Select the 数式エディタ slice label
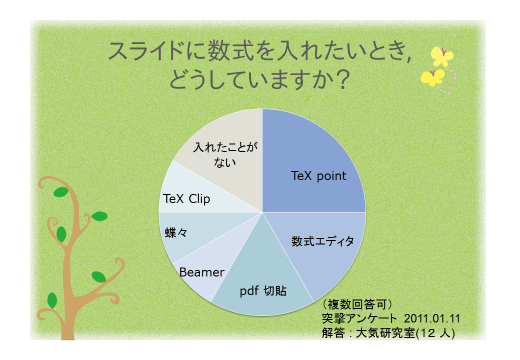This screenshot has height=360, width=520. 322,241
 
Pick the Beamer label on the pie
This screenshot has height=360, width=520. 201,272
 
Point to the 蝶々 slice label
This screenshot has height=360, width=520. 176,232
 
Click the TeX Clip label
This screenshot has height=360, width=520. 186,199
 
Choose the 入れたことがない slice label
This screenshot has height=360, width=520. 225,155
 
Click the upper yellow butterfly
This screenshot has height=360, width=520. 442,56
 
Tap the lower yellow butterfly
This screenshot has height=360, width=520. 432,77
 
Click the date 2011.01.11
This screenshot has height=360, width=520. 432,318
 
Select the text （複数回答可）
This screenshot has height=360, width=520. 357,304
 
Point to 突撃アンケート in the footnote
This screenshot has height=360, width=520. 359,318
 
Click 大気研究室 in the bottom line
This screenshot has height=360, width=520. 385,333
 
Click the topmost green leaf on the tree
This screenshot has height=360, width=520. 60,192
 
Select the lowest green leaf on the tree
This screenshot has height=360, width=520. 52,300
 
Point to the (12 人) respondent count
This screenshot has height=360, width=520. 435,333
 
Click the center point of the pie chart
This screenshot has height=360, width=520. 262,212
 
